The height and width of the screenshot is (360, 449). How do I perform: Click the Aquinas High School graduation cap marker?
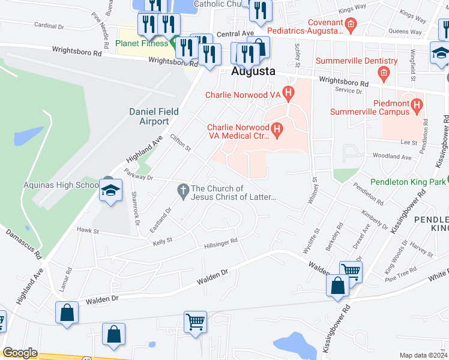point(110,191)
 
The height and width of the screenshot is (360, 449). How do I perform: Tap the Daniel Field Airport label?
point(149,116)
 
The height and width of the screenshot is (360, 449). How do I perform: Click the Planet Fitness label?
point(142,43)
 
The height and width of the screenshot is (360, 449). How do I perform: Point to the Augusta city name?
point(253,71)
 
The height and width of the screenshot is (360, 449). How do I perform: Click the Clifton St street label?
point(180,143)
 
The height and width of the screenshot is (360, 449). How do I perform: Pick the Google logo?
point(20,353)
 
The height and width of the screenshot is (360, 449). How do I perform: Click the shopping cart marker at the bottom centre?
point(196,322)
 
